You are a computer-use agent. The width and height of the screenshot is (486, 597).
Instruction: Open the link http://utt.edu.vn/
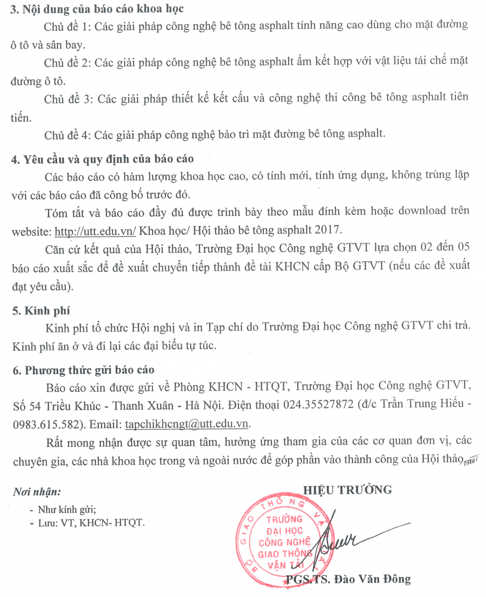(95, 231)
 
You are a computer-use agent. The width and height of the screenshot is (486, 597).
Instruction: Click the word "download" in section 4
(416, 210)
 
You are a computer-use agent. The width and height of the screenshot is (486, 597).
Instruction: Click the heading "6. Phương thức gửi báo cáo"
(83, 370)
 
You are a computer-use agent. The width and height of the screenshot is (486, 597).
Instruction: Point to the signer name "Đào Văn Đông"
(376, 579)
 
